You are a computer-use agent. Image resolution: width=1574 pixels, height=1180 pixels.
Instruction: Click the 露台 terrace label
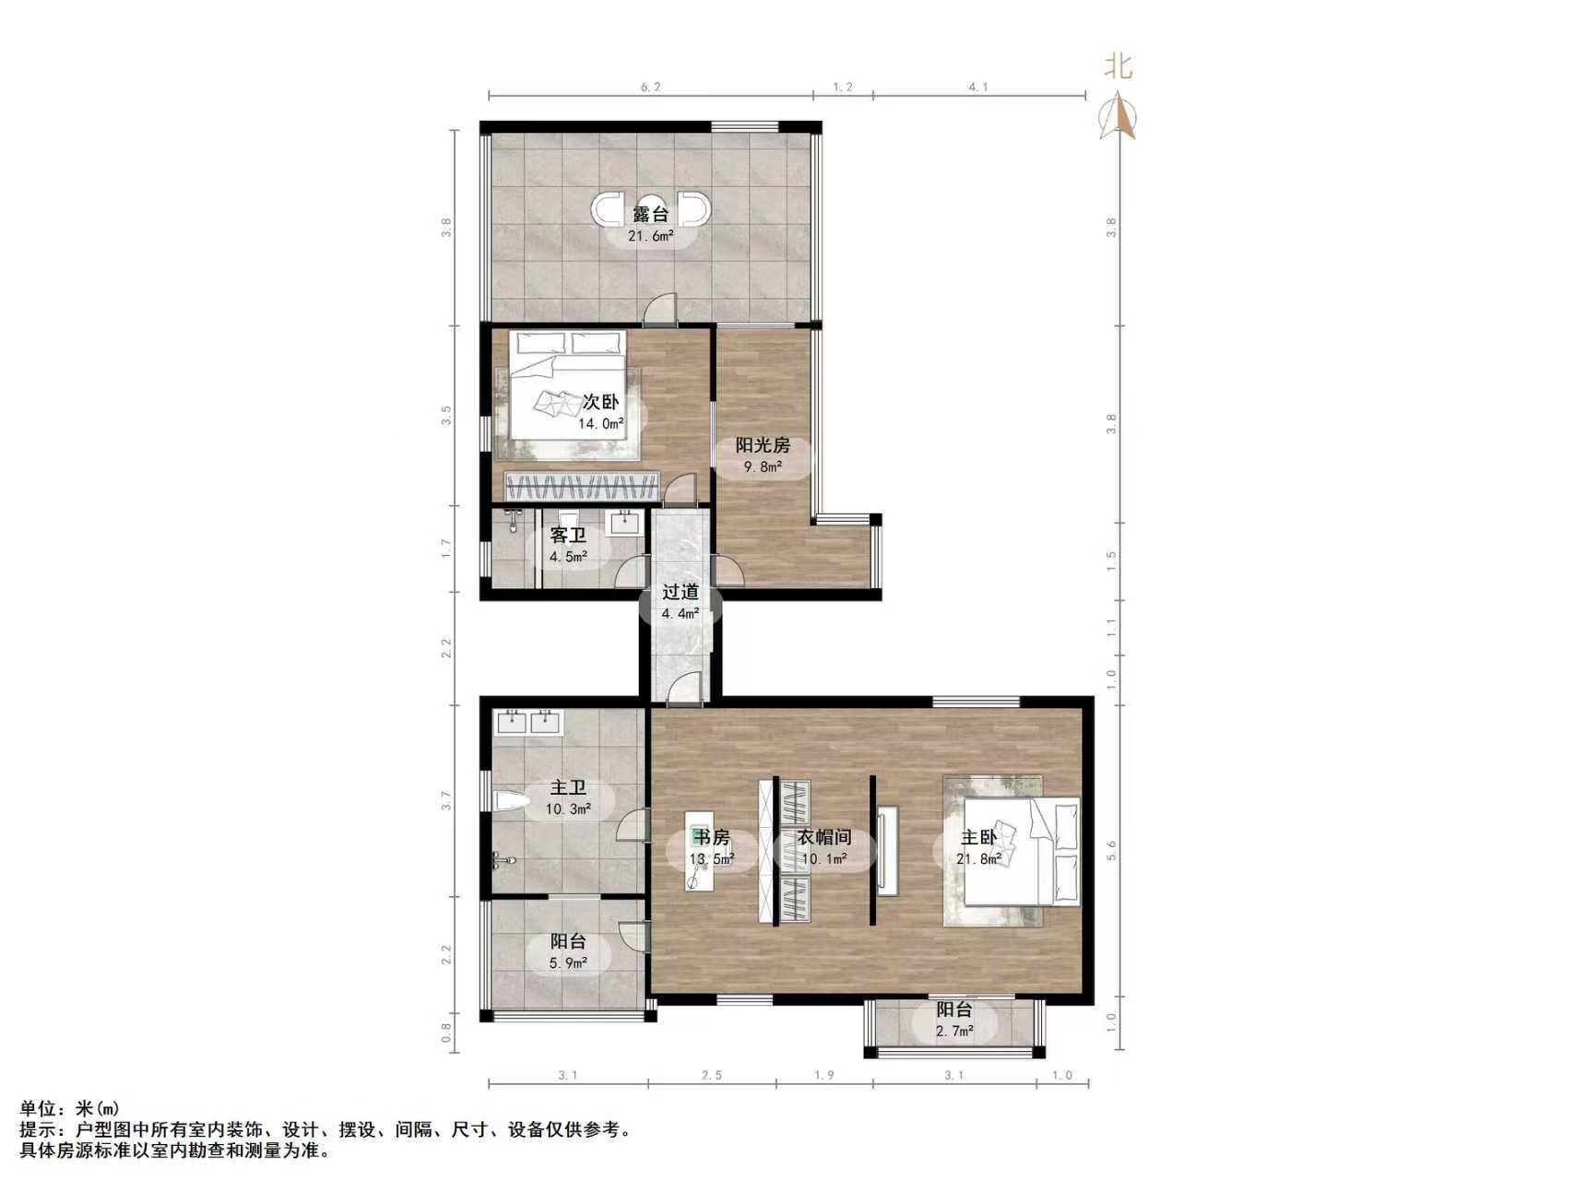pos(650,214)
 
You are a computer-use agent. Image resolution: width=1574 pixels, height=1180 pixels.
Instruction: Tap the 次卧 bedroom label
pos(600,402)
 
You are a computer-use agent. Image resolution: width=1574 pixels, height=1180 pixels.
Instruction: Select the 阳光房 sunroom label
pos(763,445)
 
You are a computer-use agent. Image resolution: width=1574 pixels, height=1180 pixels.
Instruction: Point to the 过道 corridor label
pos(680,592)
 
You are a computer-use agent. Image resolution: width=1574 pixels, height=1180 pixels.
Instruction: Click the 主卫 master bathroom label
pos(568,788)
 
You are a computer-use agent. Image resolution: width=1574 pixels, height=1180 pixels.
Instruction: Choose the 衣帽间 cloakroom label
pos(823,838)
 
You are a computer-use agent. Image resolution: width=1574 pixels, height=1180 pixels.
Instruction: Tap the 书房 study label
pos(712,838)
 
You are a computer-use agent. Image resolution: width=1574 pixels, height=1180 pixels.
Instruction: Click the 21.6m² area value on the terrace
pos(651,236)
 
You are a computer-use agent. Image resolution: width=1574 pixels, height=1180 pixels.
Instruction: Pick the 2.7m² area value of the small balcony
pos(954,1031)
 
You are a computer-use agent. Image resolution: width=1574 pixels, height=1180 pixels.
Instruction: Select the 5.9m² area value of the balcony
pos(568,963)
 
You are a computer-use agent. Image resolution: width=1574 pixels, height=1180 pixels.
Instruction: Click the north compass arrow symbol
pos(1119,115)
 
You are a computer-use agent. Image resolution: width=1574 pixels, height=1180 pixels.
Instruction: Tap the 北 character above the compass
pos(1118,66)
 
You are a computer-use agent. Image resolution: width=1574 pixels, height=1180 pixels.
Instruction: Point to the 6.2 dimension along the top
pos(650,88)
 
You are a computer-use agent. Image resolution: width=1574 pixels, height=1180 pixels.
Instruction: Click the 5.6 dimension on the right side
pos(1111,851)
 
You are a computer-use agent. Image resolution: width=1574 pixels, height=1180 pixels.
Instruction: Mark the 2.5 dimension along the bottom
pos(712,1075)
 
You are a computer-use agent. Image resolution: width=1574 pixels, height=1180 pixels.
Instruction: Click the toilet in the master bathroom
pos(509,802)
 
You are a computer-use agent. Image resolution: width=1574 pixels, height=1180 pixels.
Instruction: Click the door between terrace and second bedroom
pos(660,312)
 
